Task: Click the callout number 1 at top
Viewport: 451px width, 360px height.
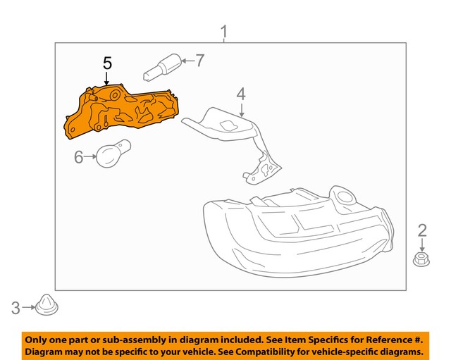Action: pos(224,32)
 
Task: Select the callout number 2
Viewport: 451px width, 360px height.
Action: pos(422,230)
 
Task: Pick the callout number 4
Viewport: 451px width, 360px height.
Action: pos(240,93)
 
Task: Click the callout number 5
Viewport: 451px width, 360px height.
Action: pos(107,63)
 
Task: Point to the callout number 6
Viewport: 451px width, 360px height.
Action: pos(79,156)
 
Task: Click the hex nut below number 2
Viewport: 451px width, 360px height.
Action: pos(421,260)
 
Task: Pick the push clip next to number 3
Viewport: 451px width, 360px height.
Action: pos(47,306)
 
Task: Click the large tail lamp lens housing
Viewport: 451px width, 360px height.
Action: pos(296,232)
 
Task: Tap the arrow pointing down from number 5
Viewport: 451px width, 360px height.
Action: pos(107,79)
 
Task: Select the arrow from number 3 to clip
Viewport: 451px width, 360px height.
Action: pos(29,306)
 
